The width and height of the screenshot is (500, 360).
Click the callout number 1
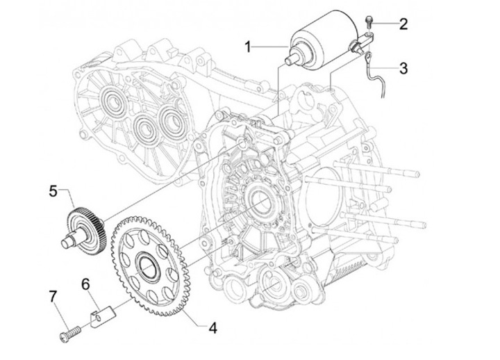click(x=247, y=47)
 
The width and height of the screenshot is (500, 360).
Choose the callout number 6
click(x=86, y=284)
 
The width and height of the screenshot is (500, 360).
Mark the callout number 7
click(x=51, y=297)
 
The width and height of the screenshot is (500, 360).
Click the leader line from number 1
click(x=274, y=47)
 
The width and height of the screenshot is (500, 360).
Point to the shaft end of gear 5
click(x=67, y=241)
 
